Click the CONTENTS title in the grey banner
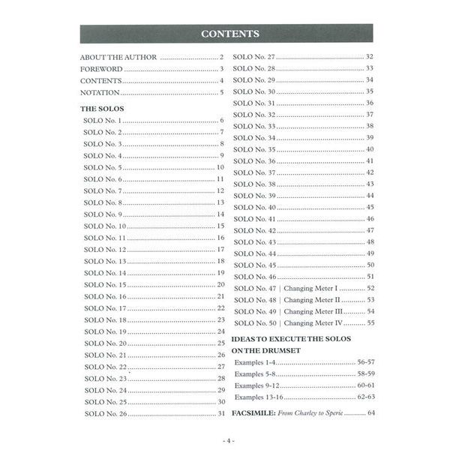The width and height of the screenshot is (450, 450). pyautogui.click(x=230, y=34)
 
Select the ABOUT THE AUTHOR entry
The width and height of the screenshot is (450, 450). pyautogui.click(x=118, y=57)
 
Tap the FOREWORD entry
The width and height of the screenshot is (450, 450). pyautogui.click(x=101, y=69)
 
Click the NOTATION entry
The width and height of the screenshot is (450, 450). pyautogui.click(x=100, y=92)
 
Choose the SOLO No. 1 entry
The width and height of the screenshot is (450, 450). pyautogui.click(x=103, y=121)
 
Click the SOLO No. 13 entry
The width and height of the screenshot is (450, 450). pyautogui.click(x=105, y=261)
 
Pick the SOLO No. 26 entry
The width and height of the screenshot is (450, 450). pyautogui.click(x=105, y=413)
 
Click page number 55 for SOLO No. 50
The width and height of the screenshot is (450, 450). pyautogui.click(x=370, y=323)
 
